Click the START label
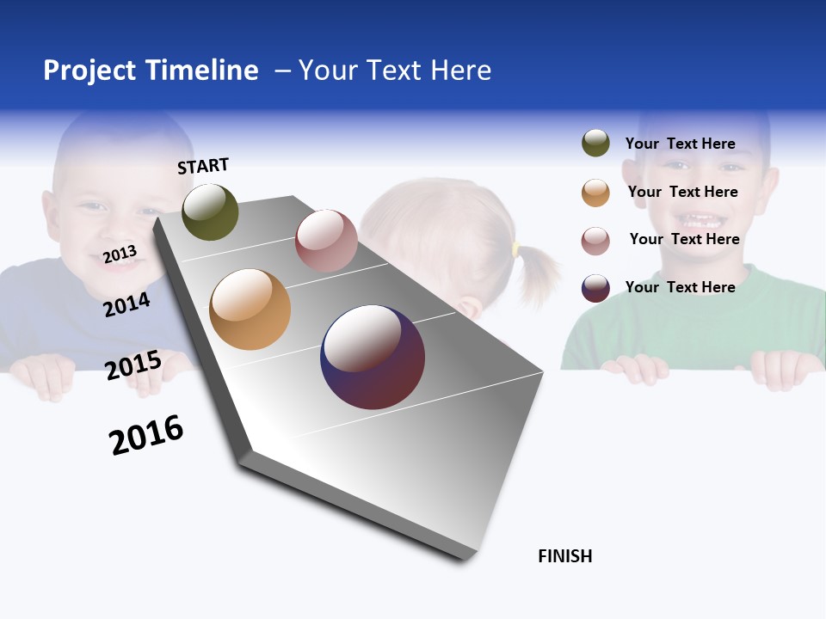pos(203,166)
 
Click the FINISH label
pos(564,556)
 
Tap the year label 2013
pos(120,254)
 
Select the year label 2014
pos(126,304)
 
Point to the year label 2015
pos(133,365)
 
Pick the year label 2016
pos(146,435)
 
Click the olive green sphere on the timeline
pos(210,212)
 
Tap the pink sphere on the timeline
pos(326,241)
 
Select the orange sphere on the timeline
pos(250,309)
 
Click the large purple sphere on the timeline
pos(373,357)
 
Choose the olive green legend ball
pos(595,144)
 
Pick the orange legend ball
pos(595,193)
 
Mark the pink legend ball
pos(595,241)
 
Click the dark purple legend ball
pos(595,288)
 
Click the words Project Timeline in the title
pos(151,70)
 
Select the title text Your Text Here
pos(394,70)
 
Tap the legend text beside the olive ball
pos(680,144)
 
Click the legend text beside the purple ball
pos(680,287)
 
